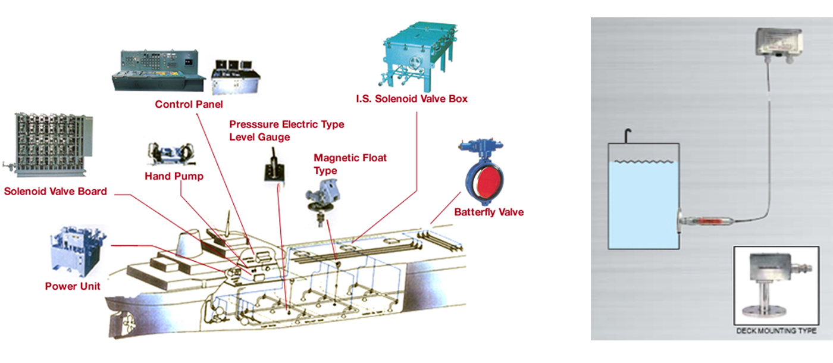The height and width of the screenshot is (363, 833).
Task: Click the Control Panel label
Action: click(189, 105)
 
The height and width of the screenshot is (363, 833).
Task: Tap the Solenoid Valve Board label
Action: click(55, 192)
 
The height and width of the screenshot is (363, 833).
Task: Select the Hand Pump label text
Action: click(174, 176)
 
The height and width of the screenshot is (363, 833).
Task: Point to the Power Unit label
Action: click(73, 286)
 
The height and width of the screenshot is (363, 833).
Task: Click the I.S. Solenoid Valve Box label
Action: click(412, 99)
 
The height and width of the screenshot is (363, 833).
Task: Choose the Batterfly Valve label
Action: click(489, 212)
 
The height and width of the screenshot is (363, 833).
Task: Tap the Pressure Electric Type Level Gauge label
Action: click(286, 131)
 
